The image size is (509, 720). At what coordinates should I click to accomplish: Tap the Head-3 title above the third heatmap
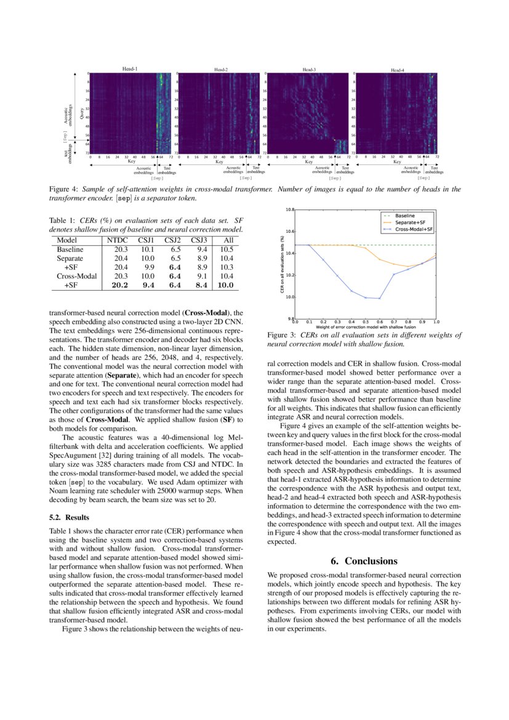[309, 70]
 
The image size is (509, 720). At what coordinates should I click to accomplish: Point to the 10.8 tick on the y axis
[289, 209]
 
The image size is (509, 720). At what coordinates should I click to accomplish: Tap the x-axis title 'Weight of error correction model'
[365, 327]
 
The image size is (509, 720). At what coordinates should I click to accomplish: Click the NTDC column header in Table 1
[117, 240]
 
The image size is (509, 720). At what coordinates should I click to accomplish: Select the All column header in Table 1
[228, 240]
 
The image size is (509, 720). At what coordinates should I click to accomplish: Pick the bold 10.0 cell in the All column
[226, 285]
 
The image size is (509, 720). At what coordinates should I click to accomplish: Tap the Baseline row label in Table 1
[69, 249]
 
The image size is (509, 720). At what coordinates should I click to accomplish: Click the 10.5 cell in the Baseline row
[226, 249]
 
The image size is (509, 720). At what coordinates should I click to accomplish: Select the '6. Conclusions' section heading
[364, 561]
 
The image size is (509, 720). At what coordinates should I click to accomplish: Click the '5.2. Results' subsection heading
[69, 517]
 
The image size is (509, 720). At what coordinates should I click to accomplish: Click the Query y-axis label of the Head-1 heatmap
[82, 113]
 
